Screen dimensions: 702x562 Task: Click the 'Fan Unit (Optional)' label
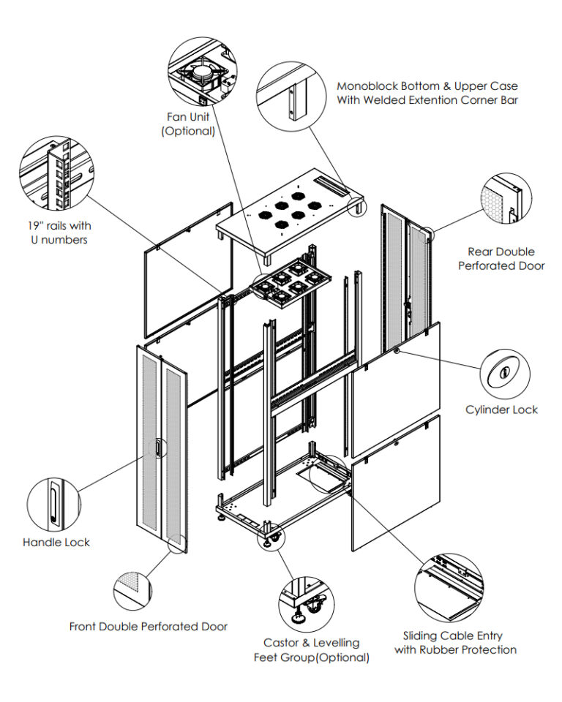[x=188, y=124]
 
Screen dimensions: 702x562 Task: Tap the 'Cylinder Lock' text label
[x=501, y=409]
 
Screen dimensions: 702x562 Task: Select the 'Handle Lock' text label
[x=56, y=543]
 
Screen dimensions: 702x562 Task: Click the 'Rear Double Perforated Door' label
[x=501, y=259]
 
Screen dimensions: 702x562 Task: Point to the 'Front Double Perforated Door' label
[x=149, y=627]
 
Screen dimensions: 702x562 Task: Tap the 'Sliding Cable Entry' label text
[x=453, y=636]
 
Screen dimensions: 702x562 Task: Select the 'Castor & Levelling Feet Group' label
[x=311, y=649]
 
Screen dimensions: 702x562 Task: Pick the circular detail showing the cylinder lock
[x=503, y=372]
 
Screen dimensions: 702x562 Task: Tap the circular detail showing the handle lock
[x=53, y=505]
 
